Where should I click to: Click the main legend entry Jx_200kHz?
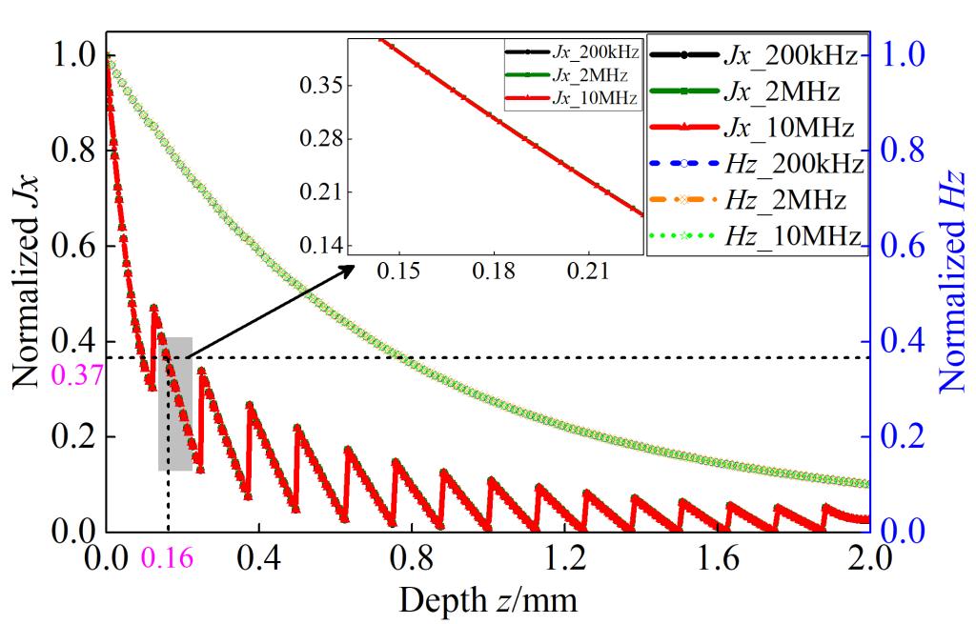click(756, 58)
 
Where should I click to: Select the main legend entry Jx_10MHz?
click(756, 127)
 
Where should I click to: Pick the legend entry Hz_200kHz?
click(756, 163)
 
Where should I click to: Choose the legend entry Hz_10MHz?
click(756, 234)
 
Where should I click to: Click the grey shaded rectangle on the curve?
click(175, 403)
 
